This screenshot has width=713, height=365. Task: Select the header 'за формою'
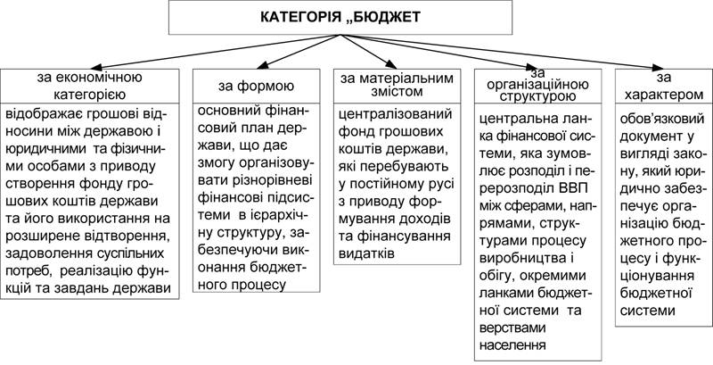(x=256, y=86)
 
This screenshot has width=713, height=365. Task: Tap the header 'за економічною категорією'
(x=90, y=86)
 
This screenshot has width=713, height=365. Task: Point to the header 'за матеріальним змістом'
(x=397, y=85)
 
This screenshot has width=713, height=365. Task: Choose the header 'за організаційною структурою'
(x=537, y=85)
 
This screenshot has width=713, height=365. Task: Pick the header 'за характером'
(x=664, y=87)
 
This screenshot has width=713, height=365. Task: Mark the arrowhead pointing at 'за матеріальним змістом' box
(x=392, y=63)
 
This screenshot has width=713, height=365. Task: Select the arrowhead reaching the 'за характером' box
(x=658, y=68)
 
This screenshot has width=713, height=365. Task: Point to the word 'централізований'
(x=396, y=112)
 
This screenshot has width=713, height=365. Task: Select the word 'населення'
(x=512, y=344)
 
